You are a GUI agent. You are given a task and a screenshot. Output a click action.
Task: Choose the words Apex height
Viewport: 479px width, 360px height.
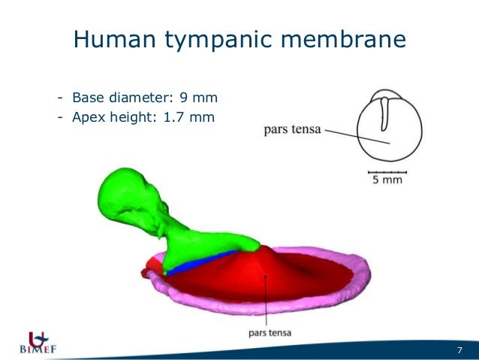point(113,117)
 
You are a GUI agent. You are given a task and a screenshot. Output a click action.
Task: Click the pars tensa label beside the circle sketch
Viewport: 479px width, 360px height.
point(292,129)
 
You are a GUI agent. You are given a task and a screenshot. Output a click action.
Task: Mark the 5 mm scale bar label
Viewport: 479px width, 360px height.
point(387,180)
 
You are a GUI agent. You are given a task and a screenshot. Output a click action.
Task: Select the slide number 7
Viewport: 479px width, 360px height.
point(459,349)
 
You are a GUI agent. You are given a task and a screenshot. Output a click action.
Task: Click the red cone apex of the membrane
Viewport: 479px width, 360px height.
point(263,250)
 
